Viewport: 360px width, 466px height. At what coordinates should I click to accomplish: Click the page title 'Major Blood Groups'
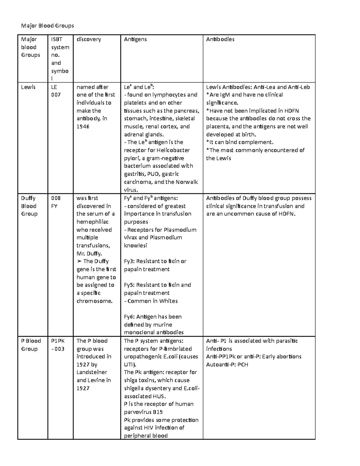click(x=47, y=26)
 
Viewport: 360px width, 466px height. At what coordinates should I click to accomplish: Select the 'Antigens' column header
click(x=135, y=39)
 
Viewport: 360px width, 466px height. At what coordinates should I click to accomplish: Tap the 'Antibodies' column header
click(x=220, y=39)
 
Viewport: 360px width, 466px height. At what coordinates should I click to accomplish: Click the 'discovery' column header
click(x=89, y=39)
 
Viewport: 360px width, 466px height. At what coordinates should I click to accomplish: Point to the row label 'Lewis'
click(x=28, y=87)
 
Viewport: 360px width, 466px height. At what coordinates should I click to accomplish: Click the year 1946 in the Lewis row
click(x=83, y=127)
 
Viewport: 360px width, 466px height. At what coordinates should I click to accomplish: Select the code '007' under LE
click(x=56, y=95)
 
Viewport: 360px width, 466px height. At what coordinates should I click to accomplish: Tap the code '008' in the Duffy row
click(x=56, y=198)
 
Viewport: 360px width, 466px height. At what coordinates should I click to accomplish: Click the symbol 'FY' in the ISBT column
click(x=54, y=206)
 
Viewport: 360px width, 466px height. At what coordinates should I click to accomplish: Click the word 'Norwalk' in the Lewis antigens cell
click(x=187, y=182)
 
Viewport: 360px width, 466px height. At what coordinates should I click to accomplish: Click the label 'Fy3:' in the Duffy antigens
click(x=129, y=261)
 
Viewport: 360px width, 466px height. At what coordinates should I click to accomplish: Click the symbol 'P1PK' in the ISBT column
click(x=58, y=341)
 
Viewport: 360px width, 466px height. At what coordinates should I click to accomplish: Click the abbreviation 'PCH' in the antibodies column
click(x=243, y=365)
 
